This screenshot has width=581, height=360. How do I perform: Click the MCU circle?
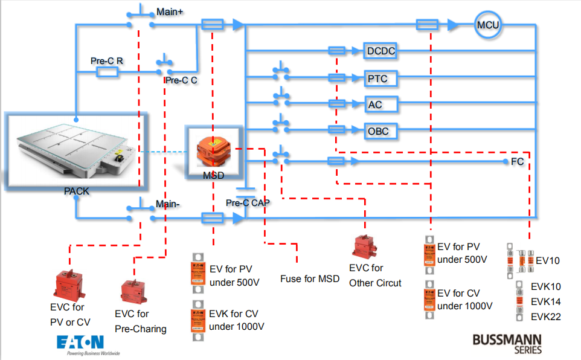point(488,25)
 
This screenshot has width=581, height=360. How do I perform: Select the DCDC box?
point(381,51)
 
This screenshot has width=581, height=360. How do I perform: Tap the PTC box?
point(377,79)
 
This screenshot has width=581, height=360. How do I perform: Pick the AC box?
point(375,104)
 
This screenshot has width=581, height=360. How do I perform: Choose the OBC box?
point(378,130)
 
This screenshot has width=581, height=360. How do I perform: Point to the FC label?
point(517,162)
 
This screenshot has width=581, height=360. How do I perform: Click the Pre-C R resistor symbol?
point(107,72)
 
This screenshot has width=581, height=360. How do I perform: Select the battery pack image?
point(75,149)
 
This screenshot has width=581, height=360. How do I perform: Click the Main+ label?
point(170,11)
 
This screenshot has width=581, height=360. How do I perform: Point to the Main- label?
point(169,204)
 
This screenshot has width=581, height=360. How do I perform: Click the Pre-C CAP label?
point(248,203)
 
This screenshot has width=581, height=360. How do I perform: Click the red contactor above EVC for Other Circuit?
point(367,248)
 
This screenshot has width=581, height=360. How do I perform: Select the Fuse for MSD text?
point(310,279)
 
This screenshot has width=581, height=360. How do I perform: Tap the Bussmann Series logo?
point(507,342)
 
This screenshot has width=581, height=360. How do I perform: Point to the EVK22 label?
point(546,317)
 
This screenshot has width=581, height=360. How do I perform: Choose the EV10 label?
point(548,261)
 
